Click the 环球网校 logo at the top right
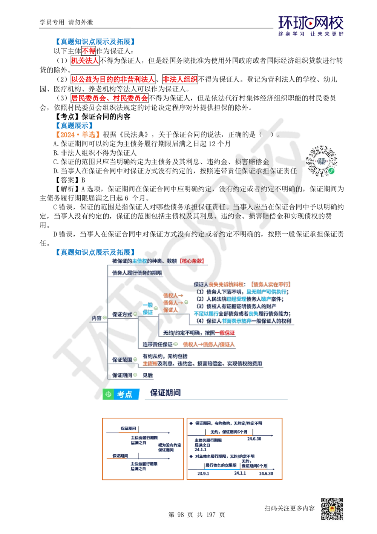[311, 26]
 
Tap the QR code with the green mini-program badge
[322, 160]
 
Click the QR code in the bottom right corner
[331, 509]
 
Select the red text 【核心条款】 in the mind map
[192, 261]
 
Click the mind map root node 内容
[97, 318]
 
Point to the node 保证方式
[122, 314]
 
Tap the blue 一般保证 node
[148, 309]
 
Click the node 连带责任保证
[157, 344]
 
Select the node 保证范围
[122, 360]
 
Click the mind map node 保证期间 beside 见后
[122, 375]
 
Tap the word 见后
[148, 375]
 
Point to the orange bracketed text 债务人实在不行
[271, 284]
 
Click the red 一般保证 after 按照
[225, 333]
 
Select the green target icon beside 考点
[108, 394]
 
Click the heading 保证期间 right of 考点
[166, 393]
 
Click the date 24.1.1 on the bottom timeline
[240, 473]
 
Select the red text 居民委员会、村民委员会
[109, 98]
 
